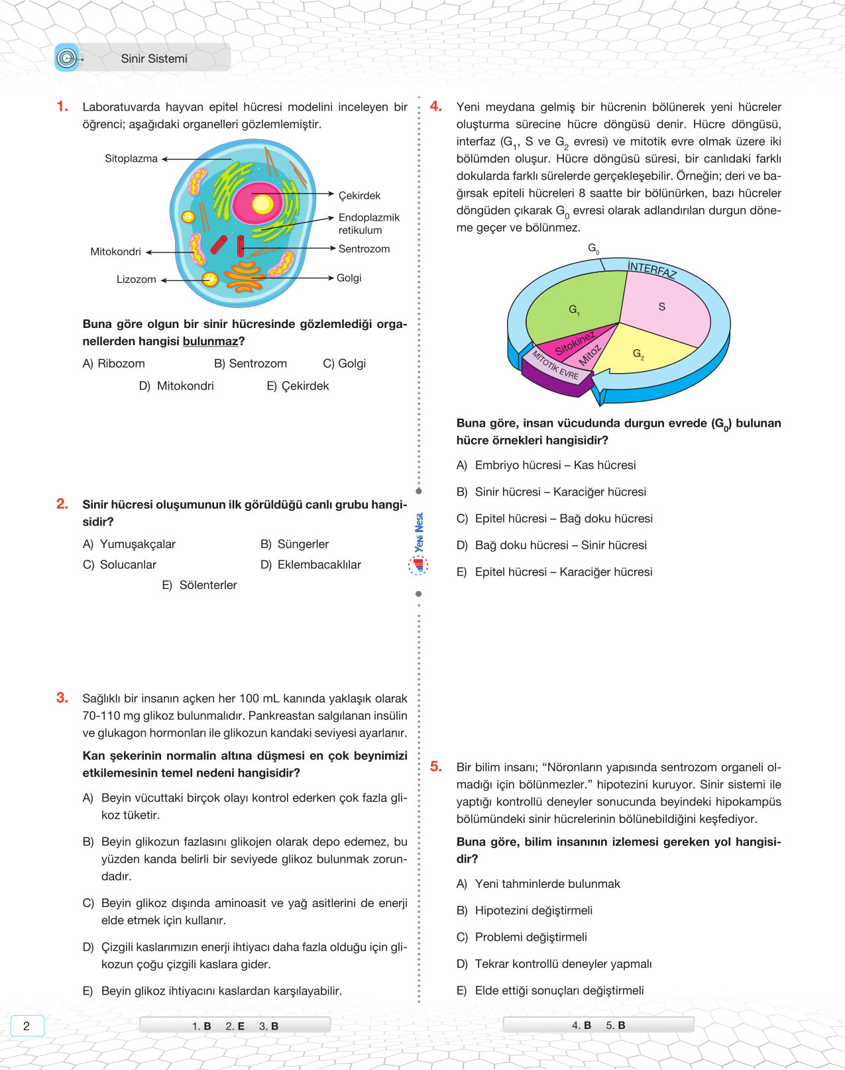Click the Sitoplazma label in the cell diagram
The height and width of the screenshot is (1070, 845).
pos(131,159)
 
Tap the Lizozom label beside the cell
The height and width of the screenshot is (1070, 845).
pos(136,280)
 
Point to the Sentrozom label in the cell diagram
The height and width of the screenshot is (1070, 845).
pos(364,249)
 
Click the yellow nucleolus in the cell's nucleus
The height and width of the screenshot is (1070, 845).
pos(262,203)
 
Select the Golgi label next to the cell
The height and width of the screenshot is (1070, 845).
pos(349,278)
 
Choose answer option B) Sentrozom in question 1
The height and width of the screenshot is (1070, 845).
pos(251,364)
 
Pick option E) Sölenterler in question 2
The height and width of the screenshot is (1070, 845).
pos(199,586)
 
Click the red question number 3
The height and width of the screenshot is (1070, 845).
pos(62,698)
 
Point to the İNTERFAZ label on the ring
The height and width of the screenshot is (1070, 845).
pos(652,270)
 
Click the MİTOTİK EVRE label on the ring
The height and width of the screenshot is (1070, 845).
pos(555,366)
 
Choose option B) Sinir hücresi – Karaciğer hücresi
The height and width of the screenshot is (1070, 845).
pos(551,492)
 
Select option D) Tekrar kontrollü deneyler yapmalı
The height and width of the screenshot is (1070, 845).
pos(554,964)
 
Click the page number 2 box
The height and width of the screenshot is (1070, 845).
pos(27,1026)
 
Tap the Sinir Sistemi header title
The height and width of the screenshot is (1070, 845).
pos(154,59)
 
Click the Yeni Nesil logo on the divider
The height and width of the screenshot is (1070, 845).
pos(419,543)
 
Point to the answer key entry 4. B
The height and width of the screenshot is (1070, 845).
pos(581,1026)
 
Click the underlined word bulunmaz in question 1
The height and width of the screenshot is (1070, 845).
pos(210,342)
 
